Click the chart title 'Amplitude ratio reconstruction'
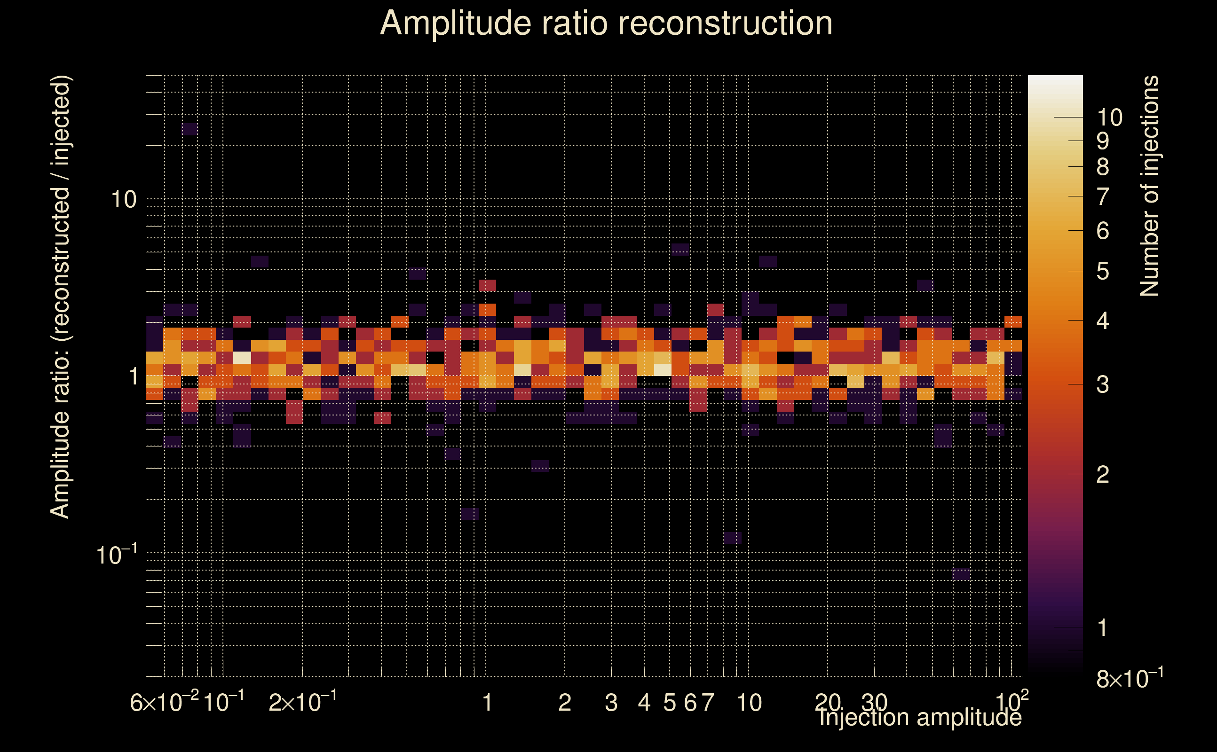coord(606,23)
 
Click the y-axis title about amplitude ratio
coord(61,297)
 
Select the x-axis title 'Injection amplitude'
coord(920,718)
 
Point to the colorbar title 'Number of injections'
coord(1149,186)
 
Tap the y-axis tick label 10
coord(123,200)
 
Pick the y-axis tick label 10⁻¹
coord(117,555)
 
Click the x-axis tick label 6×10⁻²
coord(164,702)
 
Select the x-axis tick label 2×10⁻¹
coord(302,702)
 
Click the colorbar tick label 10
coord(1109,118)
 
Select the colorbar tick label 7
coord(1103,197)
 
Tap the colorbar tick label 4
coord(1103,321)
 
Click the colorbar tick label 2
coord(1103,475)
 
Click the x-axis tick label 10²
coord(1012,701)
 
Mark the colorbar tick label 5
coord(1103,272)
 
